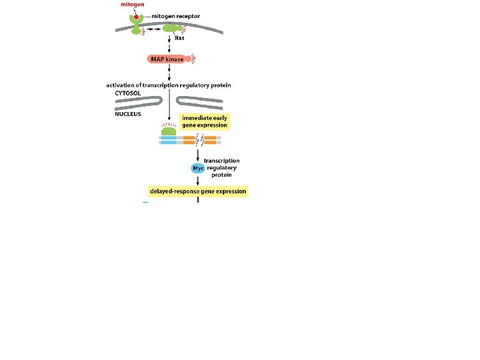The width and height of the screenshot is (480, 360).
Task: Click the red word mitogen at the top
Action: [x=131, y=5]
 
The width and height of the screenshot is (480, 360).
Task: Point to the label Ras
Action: [x=179, y=38]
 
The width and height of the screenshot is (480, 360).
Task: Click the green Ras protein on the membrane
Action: [x=173, y=29]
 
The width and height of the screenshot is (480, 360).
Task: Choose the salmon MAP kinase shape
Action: [x=166, y=59]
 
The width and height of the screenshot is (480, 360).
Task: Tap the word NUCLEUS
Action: [x=128, y=113]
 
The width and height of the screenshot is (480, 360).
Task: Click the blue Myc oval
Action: [x=197, y=169]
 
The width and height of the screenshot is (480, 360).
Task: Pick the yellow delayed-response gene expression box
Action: [x=197, y=191]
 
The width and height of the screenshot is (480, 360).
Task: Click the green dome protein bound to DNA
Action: [x=169, y=131]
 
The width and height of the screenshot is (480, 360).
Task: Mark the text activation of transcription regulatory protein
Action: [x=169, y=85]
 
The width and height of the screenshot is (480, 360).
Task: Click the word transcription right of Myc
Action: [x=222, y=161]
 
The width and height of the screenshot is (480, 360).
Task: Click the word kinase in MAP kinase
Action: [x=175, y=59]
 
